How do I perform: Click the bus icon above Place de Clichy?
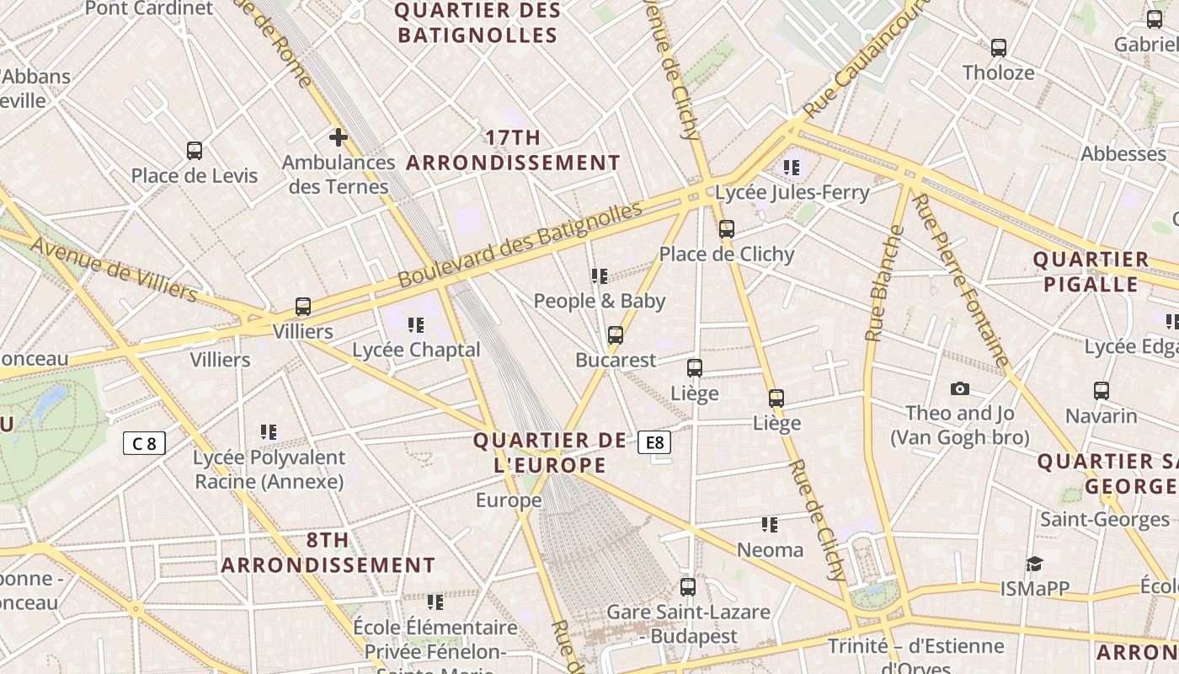(726, 228)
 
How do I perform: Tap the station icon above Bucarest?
(616, 334)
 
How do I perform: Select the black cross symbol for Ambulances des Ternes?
(339, 137)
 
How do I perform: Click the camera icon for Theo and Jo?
(959, 388)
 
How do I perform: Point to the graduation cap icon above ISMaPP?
(1034, 564)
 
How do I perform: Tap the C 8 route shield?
(144, 442)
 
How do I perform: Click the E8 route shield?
(654, 442)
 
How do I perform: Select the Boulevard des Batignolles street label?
(520, 245)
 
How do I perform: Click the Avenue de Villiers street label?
(115, 269)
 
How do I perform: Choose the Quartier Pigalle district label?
(1091, 271)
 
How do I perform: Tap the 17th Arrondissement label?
(513, 150)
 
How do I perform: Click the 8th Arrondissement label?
(328, 553)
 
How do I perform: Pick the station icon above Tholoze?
(999, 47)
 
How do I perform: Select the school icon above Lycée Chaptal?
(415, 324)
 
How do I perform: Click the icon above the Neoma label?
(770, 525)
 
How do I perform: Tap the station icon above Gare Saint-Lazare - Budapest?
(688, 586)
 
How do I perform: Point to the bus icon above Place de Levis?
(195, 151)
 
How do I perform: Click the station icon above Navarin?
(1102, 390)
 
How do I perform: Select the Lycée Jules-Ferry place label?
(792, 192)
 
